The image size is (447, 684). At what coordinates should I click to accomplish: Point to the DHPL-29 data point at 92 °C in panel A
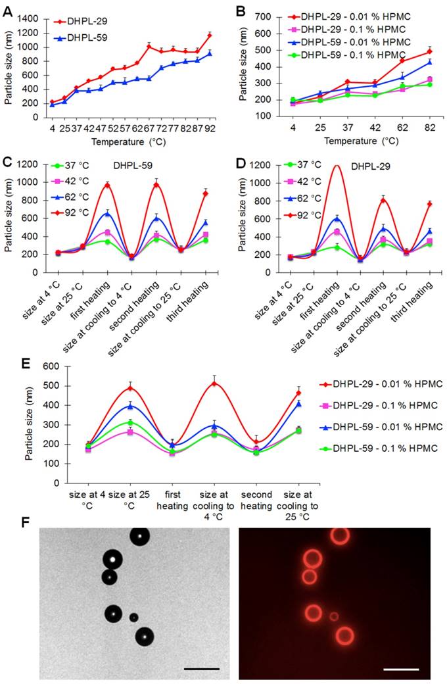point(210,35)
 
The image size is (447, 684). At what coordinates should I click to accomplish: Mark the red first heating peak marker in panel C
point(106,185)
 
